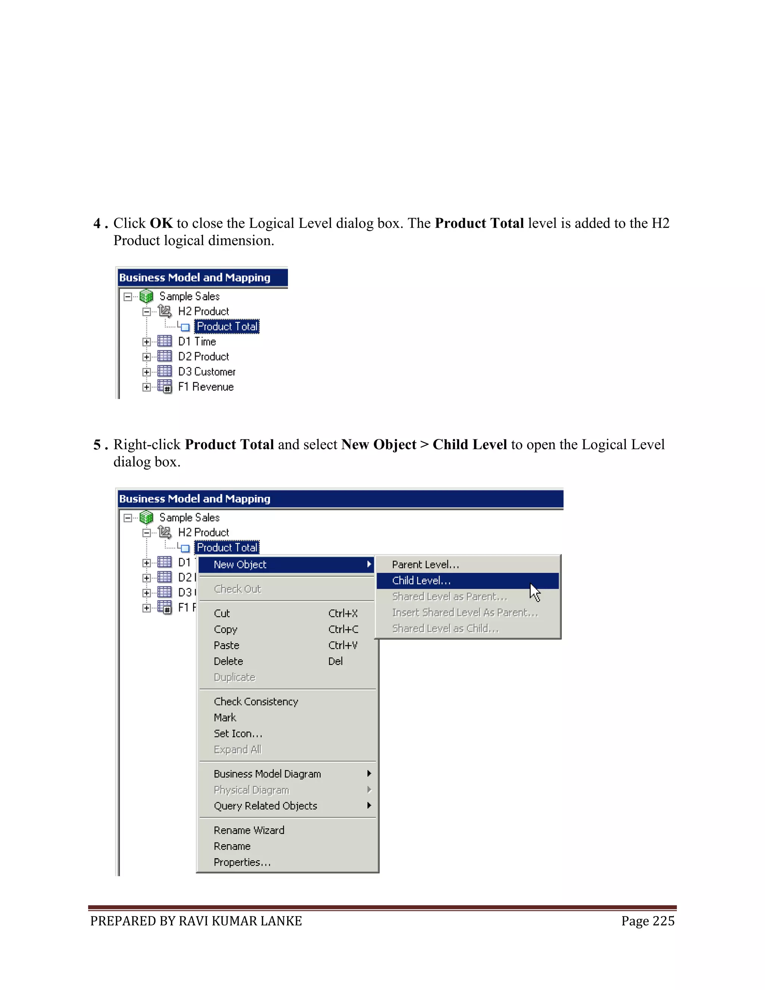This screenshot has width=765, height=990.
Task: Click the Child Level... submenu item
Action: [421, 581]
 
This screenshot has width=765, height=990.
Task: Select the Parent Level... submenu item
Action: [425, 565]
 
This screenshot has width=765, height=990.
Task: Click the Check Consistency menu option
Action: [255, 702]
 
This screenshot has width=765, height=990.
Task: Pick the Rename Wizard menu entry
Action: [249, 830]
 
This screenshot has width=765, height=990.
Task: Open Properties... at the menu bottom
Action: [242, 863]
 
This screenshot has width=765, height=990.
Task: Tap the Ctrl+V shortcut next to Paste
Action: [343, 646]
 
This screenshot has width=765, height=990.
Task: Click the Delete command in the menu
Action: [228, 661]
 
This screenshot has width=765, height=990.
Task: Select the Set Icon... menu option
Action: [238, 734]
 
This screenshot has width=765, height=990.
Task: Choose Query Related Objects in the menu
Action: [265, 806]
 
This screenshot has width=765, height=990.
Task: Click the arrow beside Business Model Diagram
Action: [369, 774]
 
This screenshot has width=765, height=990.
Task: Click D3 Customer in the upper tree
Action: [207, 372]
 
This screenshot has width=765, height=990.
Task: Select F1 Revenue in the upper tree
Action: [206, 387]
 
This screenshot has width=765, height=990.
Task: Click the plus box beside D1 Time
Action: [146, 342]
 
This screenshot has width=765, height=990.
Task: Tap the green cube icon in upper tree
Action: [146, 297]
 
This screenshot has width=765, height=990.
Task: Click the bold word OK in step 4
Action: [161, 223]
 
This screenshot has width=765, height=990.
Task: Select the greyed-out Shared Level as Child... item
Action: [445, 629]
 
